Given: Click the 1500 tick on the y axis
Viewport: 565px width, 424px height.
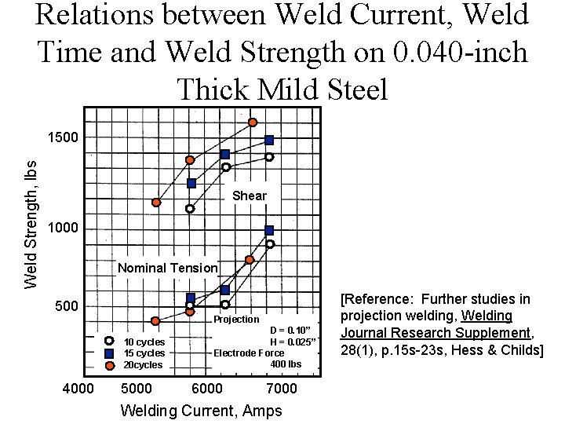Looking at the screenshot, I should pyautogui.click(x=63, y=138).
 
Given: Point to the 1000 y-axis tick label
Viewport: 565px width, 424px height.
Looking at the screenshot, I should pyautogui.click(x=63, y=228).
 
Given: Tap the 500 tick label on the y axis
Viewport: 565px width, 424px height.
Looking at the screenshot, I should pyautogui.click(x=67, y=305).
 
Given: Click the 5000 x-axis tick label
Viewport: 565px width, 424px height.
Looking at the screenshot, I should pyautogui.click(x=138, y=389).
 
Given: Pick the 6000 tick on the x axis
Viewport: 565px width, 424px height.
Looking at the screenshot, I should pyautogui.click(x=207, y=389).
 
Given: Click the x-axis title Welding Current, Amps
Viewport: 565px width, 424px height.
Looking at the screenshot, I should pyautogui.click(x=200, y=411).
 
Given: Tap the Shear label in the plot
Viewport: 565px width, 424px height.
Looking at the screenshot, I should pyautogui.click(x=250, y=196).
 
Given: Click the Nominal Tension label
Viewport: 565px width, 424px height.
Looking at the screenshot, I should pyautogui.click(x=167, y=268).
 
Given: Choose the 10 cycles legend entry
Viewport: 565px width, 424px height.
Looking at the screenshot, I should pyautogui.click(x=144, y=342).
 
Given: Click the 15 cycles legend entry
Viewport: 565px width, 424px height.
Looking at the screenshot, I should pyautogui.click(x=144, y=353).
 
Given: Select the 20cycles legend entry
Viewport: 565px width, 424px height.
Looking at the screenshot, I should pyautogui.click(x=143, y=365).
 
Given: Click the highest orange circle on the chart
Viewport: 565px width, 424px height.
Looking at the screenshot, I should pyautogui.click(x=253, y=122).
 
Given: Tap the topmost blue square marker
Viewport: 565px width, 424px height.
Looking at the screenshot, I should pyautogui.click(x=269, y=140).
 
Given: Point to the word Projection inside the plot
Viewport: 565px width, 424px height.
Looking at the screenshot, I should pyautogui.click(x=236, y=319).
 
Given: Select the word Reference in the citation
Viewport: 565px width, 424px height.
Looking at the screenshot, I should pyautogui.click(x=381, y=299).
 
